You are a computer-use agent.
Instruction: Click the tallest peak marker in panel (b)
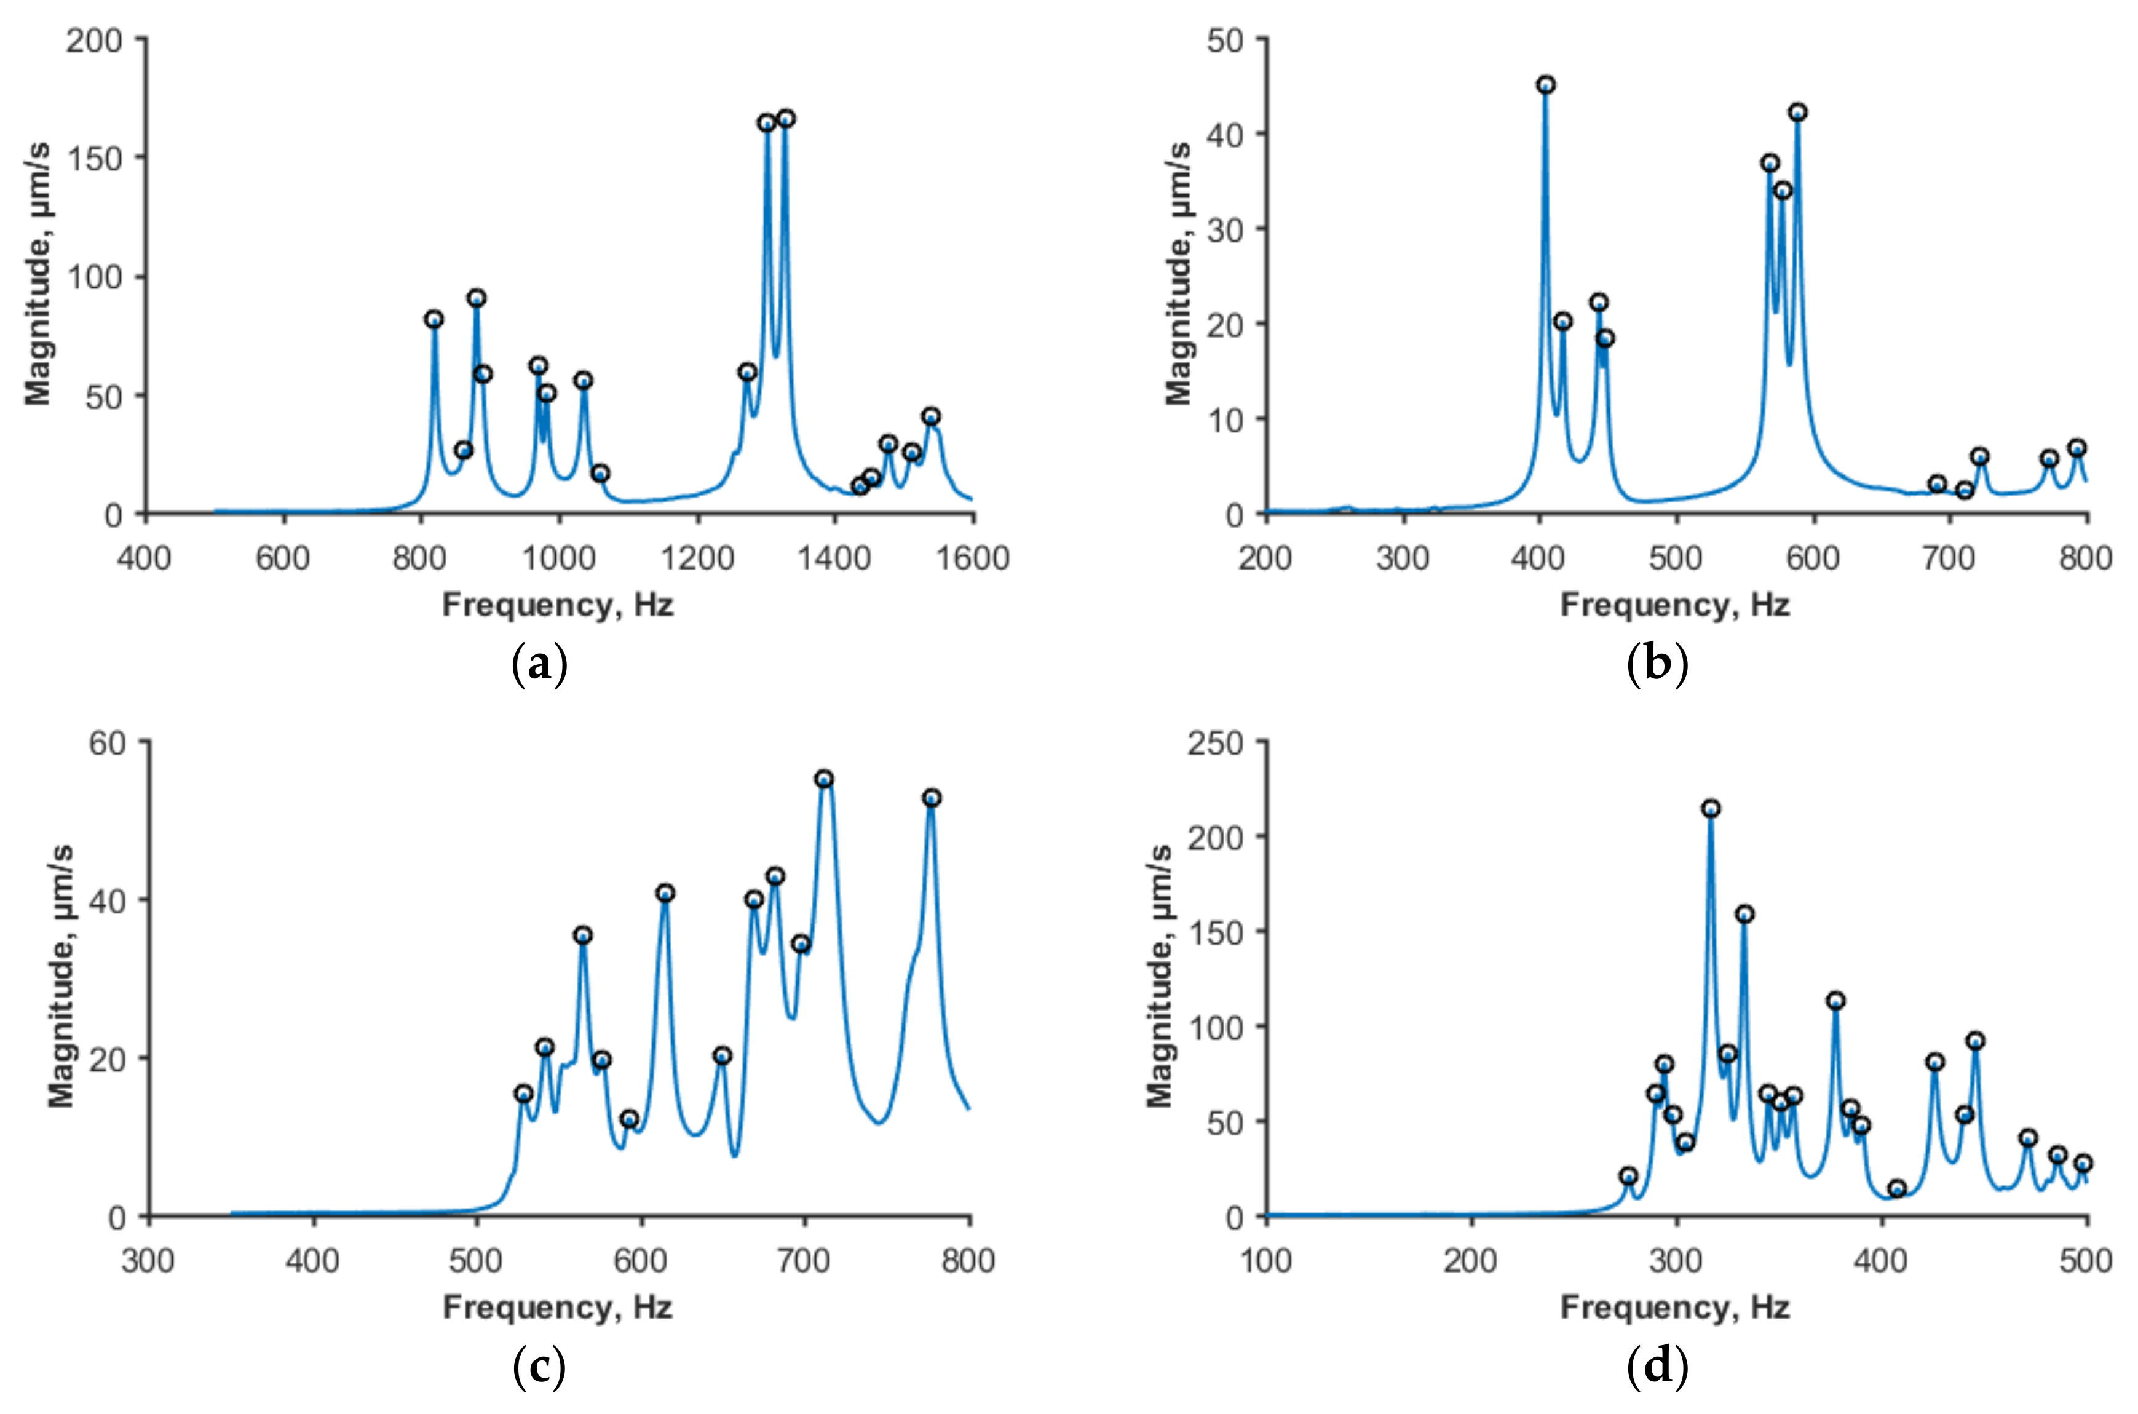[x=1546, y=85]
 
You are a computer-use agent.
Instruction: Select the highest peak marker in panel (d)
[x=1711, y=809]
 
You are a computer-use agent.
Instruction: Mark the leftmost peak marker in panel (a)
[x=434, y=319]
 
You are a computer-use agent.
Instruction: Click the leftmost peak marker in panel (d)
[x=1628, y=1176]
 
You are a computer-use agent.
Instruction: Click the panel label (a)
[x=539, y=665]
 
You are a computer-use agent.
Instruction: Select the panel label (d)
[x=1657, y=1366]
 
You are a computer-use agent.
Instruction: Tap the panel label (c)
[x=539, y=1366]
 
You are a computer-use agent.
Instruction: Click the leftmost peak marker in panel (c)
[x=523, y=1094]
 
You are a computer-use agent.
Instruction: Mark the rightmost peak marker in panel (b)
[x=2077, y=448]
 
